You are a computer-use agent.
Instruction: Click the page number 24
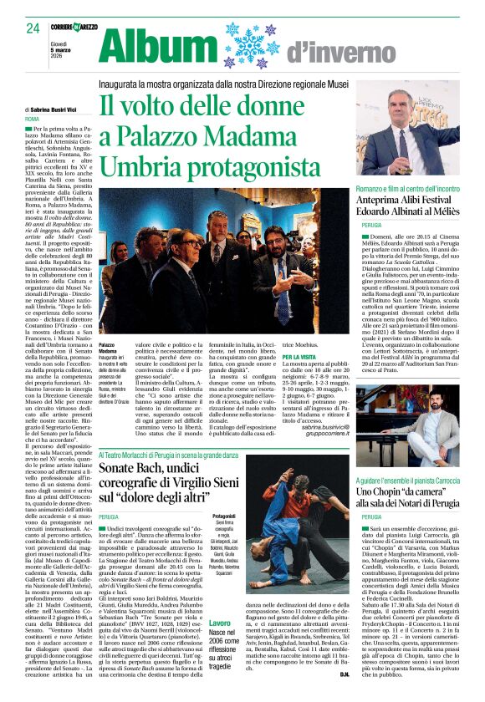pyautogui.click(x=33, y=28)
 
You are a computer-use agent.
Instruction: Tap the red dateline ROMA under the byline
pyautogui.click(x=32, y=120)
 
